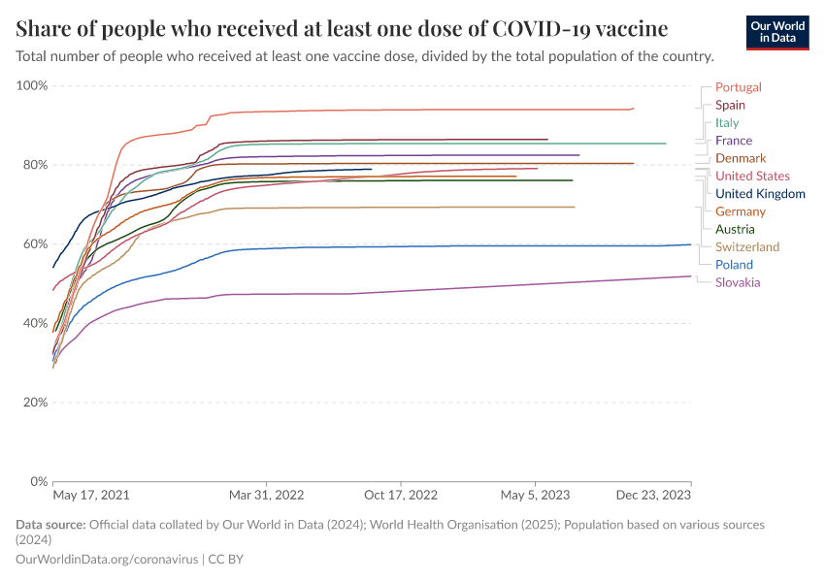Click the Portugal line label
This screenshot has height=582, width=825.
738,87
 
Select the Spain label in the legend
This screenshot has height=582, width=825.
730,105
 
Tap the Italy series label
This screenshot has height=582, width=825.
727,123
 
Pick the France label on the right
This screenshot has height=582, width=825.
733,141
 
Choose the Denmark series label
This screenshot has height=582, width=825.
741,158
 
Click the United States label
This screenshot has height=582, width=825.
752,176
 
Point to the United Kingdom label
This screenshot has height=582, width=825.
760,194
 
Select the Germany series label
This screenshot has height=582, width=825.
741,211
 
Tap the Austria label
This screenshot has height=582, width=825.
735,229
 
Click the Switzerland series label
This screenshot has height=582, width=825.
746,247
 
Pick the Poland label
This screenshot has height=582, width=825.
734,265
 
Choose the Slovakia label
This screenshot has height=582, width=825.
738,282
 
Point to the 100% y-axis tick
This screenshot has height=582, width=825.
32,85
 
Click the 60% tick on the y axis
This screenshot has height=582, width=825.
35,243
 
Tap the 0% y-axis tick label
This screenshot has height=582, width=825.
39,481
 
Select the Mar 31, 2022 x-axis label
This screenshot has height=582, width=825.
267,495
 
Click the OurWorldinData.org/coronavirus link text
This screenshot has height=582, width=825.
107,560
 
